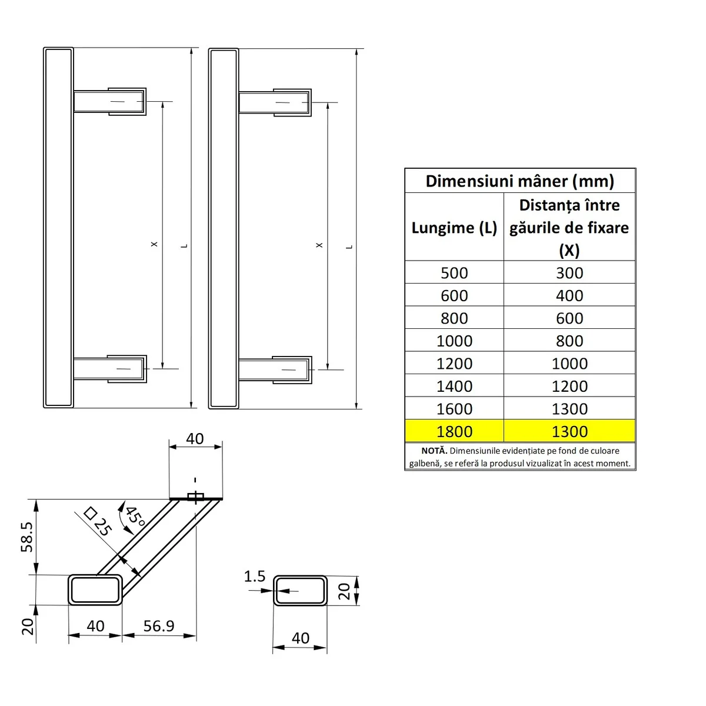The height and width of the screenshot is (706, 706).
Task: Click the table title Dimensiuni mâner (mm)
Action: [519, 181]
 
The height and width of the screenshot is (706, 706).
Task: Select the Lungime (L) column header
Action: [454, 228]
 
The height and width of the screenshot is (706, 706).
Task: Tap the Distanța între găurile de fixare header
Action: [569, 227]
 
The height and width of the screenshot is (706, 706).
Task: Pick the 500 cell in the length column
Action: [454, 273]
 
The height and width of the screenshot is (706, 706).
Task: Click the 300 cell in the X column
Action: [570, 273]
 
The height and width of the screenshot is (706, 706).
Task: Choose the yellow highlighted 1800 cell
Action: [454, 431]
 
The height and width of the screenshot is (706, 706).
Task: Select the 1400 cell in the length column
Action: [454, 386]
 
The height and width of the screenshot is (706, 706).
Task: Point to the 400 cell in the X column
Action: [570, 295]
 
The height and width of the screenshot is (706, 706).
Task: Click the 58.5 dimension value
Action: [26, 536]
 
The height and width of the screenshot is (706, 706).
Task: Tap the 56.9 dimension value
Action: [159, 625]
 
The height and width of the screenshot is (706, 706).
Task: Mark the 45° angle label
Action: [135, 517]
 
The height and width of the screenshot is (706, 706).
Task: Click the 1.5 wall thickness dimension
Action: [255, 577]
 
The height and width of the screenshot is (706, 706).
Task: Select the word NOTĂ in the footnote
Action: [434, 451]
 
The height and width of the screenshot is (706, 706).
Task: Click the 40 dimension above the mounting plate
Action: [195, 439]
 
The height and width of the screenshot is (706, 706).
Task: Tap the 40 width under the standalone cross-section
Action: [300, 638]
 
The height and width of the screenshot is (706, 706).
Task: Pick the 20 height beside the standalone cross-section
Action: [344, 590]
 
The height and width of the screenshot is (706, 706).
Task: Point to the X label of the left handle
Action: [154, 244]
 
